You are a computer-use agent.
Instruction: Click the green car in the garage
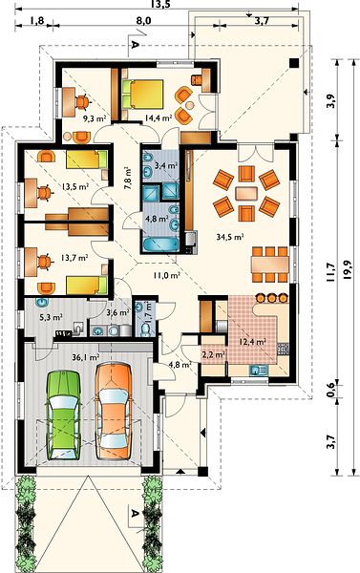tap(64, 414)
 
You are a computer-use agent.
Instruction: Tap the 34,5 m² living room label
tap(230, 237)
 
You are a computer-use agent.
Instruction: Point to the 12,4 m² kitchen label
tap(252, 342)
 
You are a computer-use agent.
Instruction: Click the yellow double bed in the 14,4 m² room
tap(142, 94)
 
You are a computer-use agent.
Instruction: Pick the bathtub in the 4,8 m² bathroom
tap(160, 244)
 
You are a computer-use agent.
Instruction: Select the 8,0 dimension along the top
tap(143, 21)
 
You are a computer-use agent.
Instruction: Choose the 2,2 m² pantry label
tap(214, 354)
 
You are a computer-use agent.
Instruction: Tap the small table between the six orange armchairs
tap(246, 193)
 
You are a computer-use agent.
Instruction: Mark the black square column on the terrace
tap(294, 63)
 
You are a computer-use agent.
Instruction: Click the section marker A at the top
tap(135, 45)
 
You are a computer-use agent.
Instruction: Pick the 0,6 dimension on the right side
tap(330, 387)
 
